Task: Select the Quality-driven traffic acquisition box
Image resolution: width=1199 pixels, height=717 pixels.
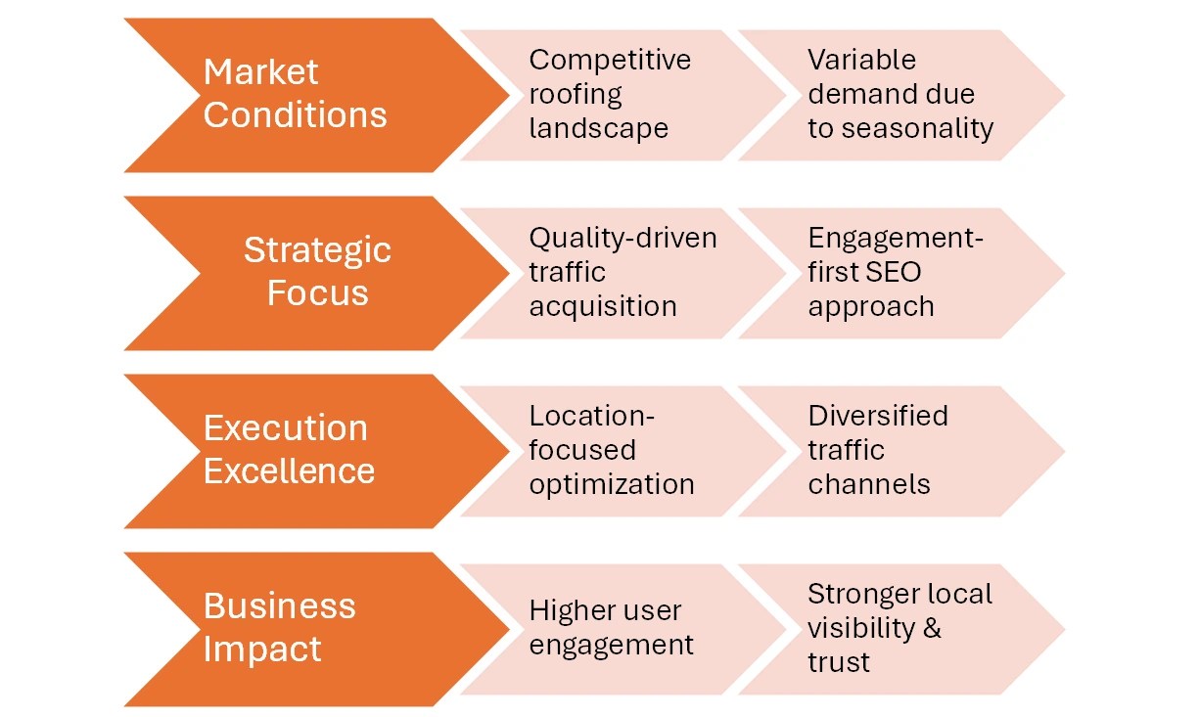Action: coord(617,273)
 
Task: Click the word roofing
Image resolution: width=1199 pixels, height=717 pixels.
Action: coord(576,95)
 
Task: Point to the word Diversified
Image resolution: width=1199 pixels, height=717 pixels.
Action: coord(878,416)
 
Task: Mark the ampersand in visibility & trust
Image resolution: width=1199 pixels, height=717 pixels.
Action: coord(932,628)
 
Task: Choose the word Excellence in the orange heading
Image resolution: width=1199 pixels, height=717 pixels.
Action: coord(289,471)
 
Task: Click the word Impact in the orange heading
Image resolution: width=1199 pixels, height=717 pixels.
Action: coord(262,650)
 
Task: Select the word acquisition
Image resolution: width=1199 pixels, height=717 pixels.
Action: coord(603,306)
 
